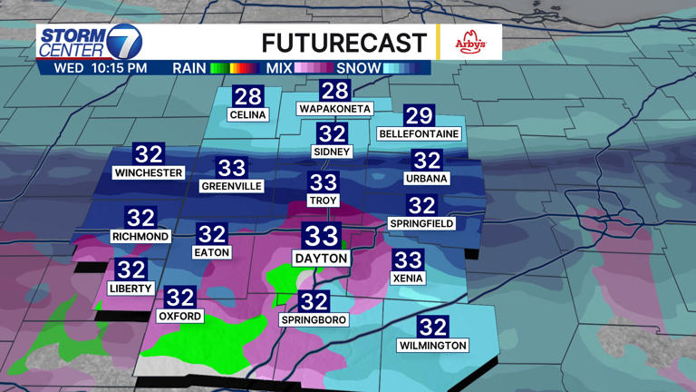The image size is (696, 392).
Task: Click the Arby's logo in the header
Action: tap(470, 43)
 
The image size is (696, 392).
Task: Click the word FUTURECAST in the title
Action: tap(343, 43)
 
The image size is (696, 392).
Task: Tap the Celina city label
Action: tap(247, 115)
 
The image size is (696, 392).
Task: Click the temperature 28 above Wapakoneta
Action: tap(334, 91)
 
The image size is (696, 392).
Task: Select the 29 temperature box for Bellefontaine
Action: tap(419, 115)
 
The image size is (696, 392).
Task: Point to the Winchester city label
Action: tap(149, 172)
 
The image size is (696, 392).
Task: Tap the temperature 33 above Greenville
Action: tap(231, 168)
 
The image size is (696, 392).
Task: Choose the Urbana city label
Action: tap(427, 179)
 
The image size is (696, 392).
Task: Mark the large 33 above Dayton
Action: tap(321, 236)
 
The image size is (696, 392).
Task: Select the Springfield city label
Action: tap(422, 223)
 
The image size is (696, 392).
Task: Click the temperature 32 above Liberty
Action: tap(130, 269)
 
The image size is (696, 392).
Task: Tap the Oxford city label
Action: tap(180, 317)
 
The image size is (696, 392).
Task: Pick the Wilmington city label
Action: tap(433, 345)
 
